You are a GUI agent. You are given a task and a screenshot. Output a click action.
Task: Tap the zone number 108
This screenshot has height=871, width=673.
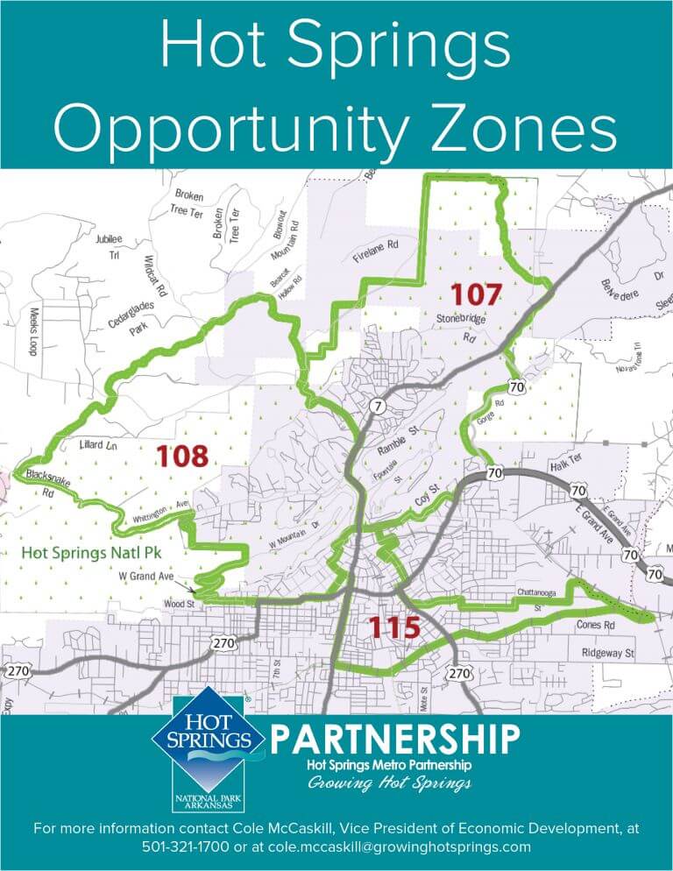pyautogui.click(x=182, y=456)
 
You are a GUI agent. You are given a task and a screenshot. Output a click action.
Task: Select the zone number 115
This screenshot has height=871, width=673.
pyautogui.click(x=393, y=627)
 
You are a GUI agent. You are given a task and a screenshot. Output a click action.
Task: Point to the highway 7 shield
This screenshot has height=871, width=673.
pyautogui.click(x=376, y=406)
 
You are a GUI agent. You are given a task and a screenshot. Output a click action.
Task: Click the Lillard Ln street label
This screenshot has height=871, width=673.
pyautogui.click(x=97, y=445)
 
